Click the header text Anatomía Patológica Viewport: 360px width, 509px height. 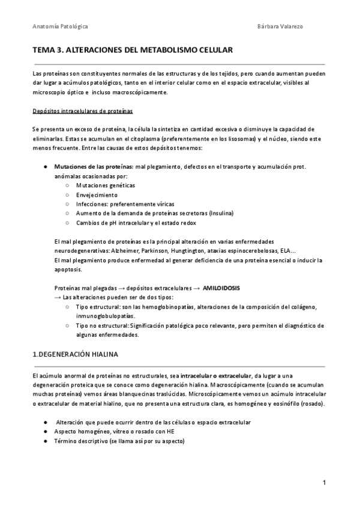[61, 27]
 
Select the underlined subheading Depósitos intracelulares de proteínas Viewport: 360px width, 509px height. [83, 111]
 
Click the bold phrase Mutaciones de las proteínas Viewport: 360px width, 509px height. [94, 166]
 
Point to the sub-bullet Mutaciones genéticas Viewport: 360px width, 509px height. [101, 185]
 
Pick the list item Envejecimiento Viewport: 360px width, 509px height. [97, 195]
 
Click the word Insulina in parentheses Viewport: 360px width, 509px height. [220, 214]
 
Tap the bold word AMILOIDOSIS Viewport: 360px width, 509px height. [221, 288]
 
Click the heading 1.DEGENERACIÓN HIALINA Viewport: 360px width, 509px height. [76, 355]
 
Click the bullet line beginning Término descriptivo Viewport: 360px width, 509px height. [119, 441]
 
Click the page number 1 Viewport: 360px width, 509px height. [323, 483]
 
